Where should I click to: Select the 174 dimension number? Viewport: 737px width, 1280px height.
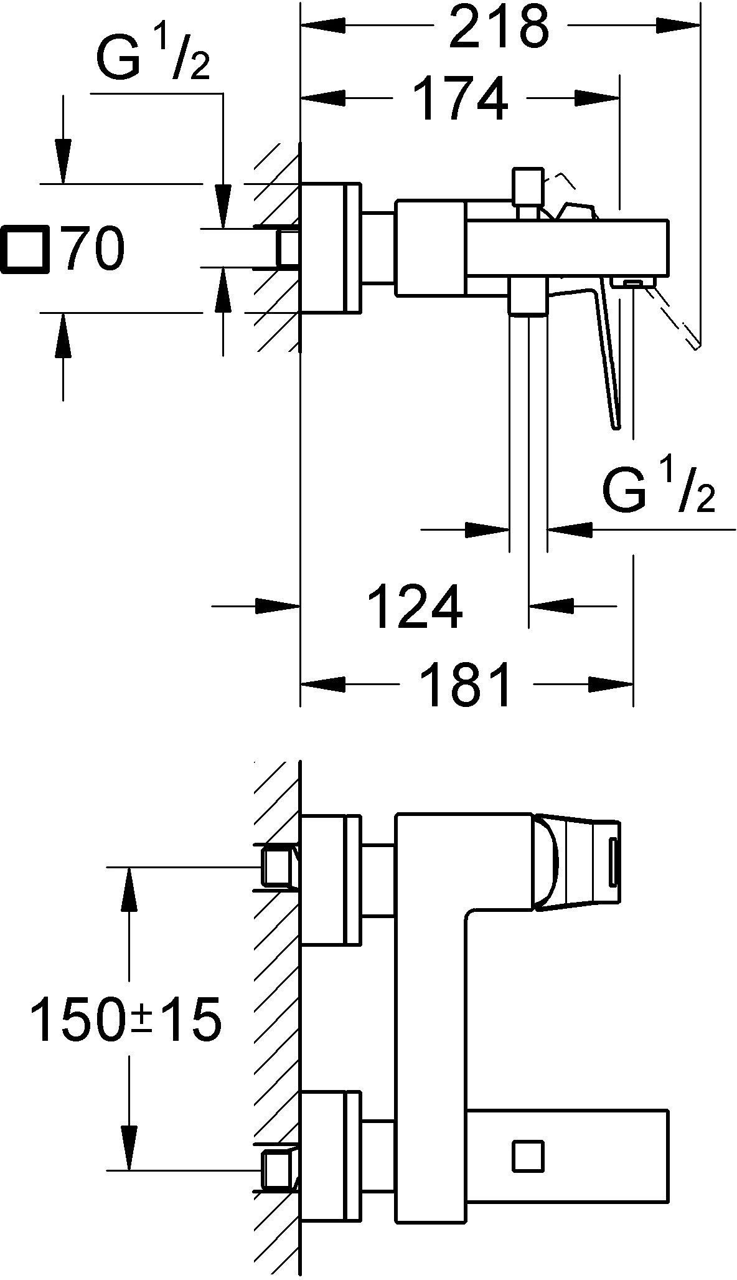(x=460, y=98)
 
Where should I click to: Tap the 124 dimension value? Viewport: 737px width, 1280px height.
(x=416, y=605)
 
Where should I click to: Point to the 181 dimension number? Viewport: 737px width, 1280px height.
(x=466, y=685)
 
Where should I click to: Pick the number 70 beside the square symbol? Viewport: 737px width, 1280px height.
(x=94, y=249)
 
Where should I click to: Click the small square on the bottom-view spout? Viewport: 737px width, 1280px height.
(x=528, y=1157)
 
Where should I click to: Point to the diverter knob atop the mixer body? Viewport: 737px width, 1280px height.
(x=527, y=187)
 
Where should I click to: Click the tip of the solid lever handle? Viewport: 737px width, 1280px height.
(x=616, y=427)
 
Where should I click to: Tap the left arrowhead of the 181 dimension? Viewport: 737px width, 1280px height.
(x=322, y=684)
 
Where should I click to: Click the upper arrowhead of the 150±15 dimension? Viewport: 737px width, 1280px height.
(x=129, y=889)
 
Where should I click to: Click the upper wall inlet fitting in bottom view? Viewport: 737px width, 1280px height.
(x=278, y=866)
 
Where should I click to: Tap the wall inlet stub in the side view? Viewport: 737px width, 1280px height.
(x=288, y=248)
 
